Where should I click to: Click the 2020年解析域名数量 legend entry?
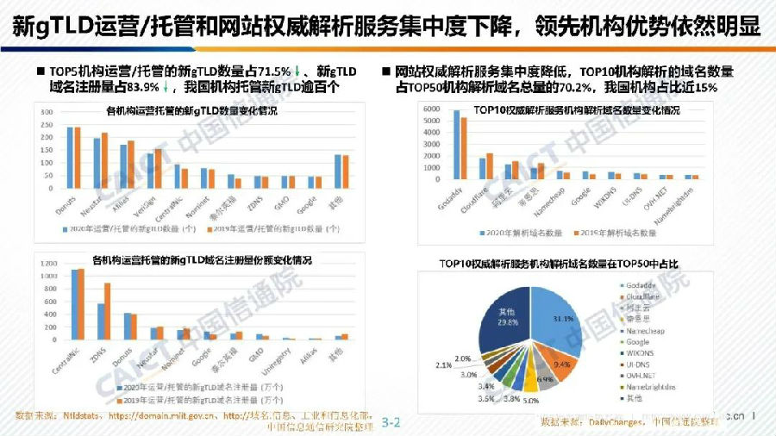[x=514, y=234]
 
